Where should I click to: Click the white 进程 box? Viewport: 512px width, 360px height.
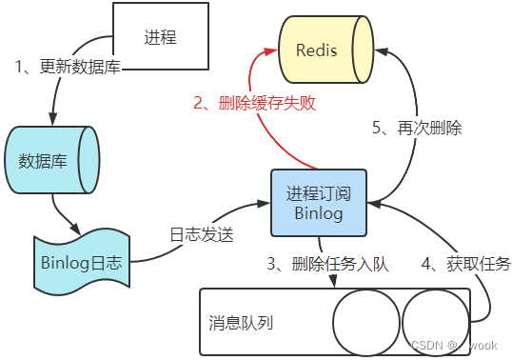[x=161, y=37]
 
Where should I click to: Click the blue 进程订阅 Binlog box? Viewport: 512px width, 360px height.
[x=318, y=202]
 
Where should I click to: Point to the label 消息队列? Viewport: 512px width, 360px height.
[x=241, y=322]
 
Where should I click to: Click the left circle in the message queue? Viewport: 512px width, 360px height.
[x=362, y=320]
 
